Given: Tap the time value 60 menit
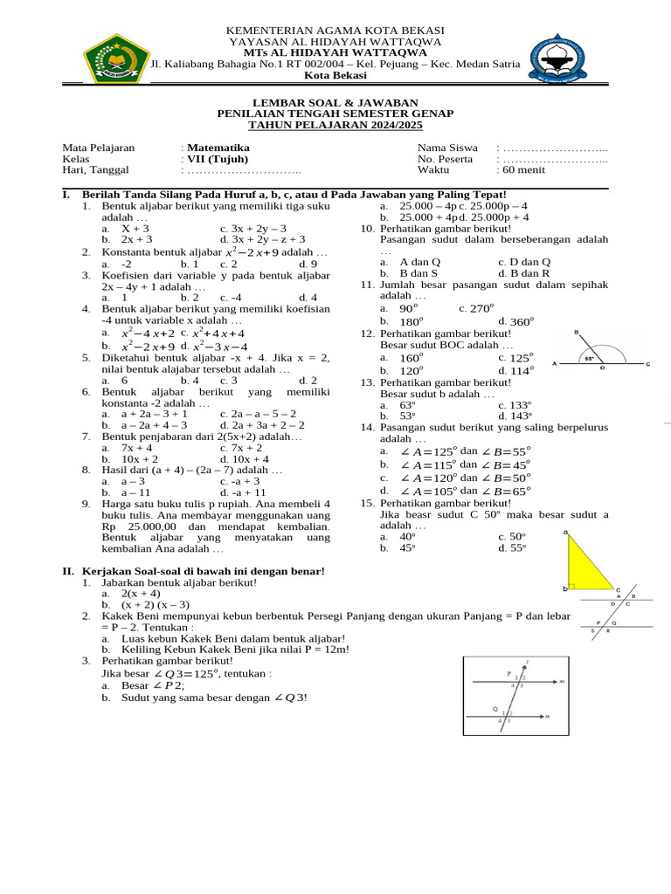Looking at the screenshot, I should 523,171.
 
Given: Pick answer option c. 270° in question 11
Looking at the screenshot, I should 476,308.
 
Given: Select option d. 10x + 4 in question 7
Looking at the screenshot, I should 245,458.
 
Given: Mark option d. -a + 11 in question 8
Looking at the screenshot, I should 243,492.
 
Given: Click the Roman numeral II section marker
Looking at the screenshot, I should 67,571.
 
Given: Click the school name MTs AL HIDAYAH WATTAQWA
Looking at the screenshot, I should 335,52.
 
